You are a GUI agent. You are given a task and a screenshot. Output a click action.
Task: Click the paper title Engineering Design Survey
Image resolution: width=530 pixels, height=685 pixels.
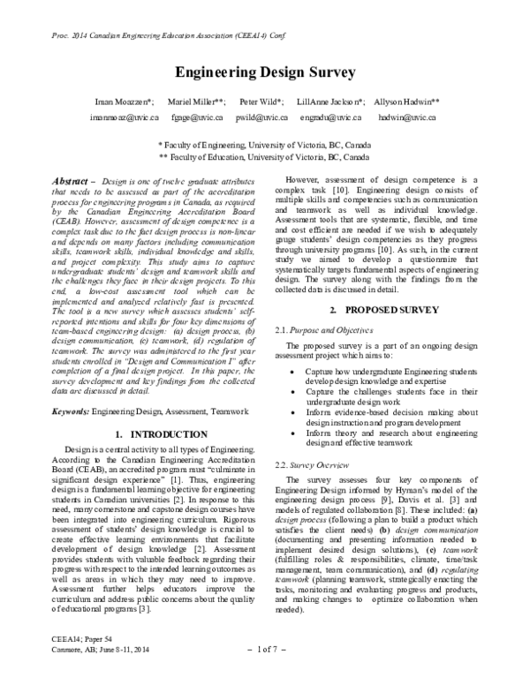point(265,72)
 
